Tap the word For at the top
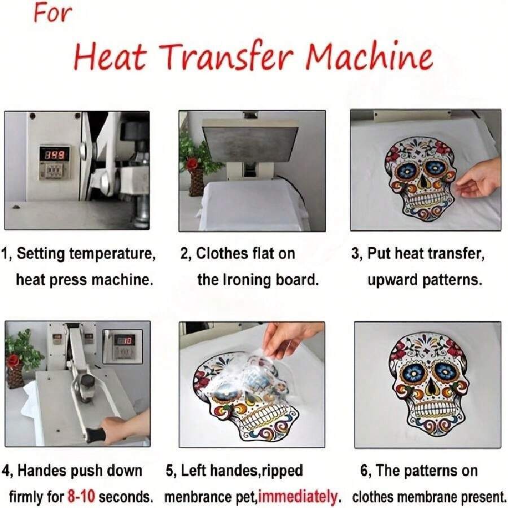[x=53, y=14]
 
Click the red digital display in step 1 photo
[x=54, y=155]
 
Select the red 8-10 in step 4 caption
[x=81, y=496]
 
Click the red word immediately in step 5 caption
[x=297, y=496]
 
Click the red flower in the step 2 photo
[x=192, y=163]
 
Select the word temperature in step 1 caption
[x=113, y=254]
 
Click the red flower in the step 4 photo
[x=14, y=360]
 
